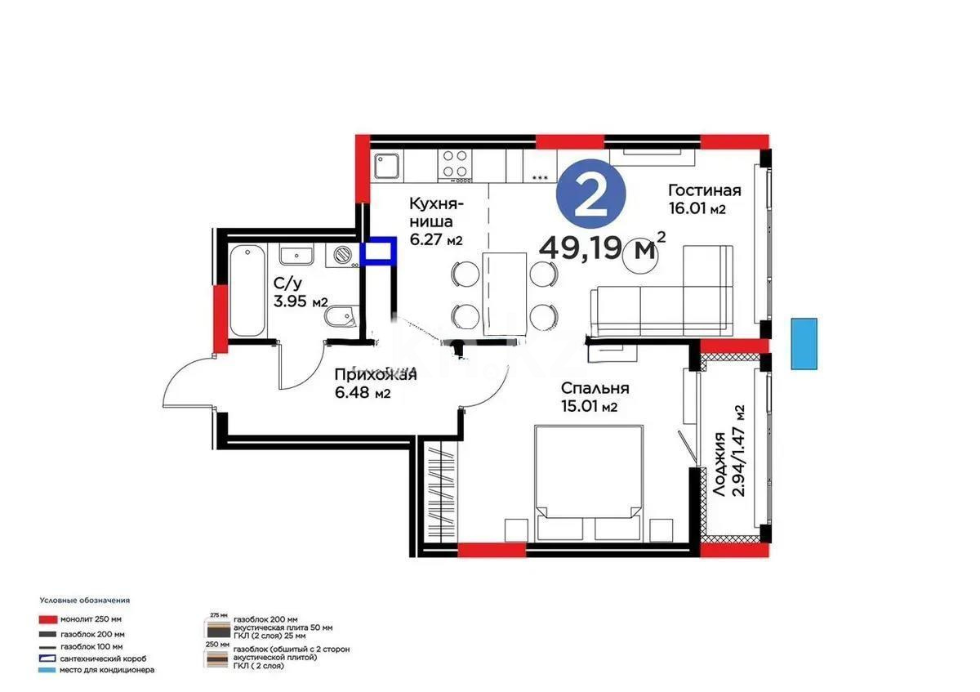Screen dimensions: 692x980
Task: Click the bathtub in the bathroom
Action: (247, 289)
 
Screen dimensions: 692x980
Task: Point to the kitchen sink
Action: (386, 166)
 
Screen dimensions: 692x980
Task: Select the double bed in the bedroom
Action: (586, 482)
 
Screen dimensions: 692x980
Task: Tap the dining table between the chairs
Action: (504, 292)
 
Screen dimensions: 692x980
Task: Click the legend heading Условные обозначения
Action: (84, 600)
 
